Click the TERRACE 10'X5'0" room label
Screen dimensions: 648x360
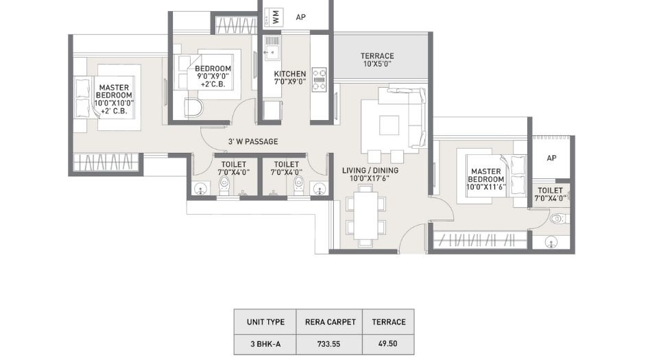(x=377, y=60)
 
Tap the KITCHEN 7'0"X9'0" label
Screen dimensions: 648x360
(x=289, y=77)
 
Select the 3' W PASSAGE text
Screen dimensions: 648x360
(x=253, y=141)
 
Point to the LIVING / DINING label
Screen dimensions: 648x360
(x=370, y=170)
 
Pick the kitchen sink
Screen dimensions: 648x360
(x=272, y=47)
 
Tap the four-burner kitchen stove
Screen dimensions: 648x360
(x=319, y=79)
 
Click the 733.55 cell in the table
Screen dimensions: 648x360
(x=328, y=344)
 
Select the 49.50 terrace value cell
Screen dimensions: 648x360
(x=387, y=344)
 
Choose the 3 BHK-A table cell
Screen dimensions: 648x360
(x=265, y=344)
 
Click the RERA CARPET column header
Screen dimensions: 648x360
(x=331, y=322)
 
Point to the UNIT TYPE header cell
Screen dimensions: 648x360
(x=265, y=322)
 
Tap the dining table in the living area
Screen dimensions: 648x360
(x=365, y=215)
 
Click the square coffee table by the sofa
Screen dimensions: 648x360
(x=389, y=125)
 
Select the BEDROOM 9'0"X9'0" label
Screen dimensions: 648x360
(x=213, y=77)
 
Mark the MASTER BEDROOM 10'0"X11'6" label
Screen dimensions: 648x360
(x=486, y=179)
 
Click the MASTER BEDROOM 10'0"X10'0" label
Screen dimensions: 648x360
(x=114, y=99)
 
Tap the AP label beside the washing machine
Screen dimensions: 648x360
(x=301, y=17)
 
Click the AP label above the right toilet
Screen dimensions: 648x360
(x=551, y=158)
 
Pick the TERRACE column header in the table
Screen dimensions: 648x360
(x=389, y=322)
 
